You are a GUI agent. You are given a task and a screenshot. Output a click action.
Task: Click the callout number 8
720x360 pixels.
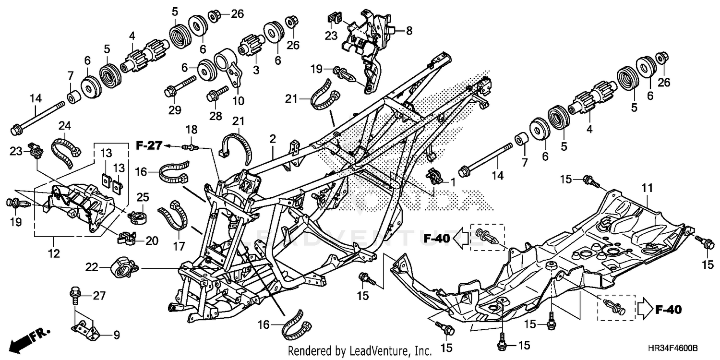(x=408, y=31)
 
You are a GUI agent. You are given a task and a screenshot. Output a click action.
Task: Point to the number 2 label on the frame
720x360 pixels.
(x=273, y=139)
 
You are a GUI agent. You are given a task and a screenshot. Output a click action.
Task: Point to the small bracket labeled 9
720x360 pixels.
(x=86, y=328)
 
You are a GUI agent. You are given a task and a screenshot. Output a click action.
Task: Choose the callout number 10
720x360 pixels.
(x=238, y=101)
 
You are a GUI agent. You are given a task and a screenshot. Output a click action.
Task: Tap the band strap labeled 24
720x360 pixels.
(x=67, y=148)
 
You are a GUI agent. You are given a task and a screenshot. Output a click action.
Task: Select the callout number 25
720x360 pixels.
(x=142, y=197)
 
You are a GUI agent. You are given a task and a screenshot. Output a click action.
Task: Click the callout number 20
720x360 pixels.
(x=152, y=240)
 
